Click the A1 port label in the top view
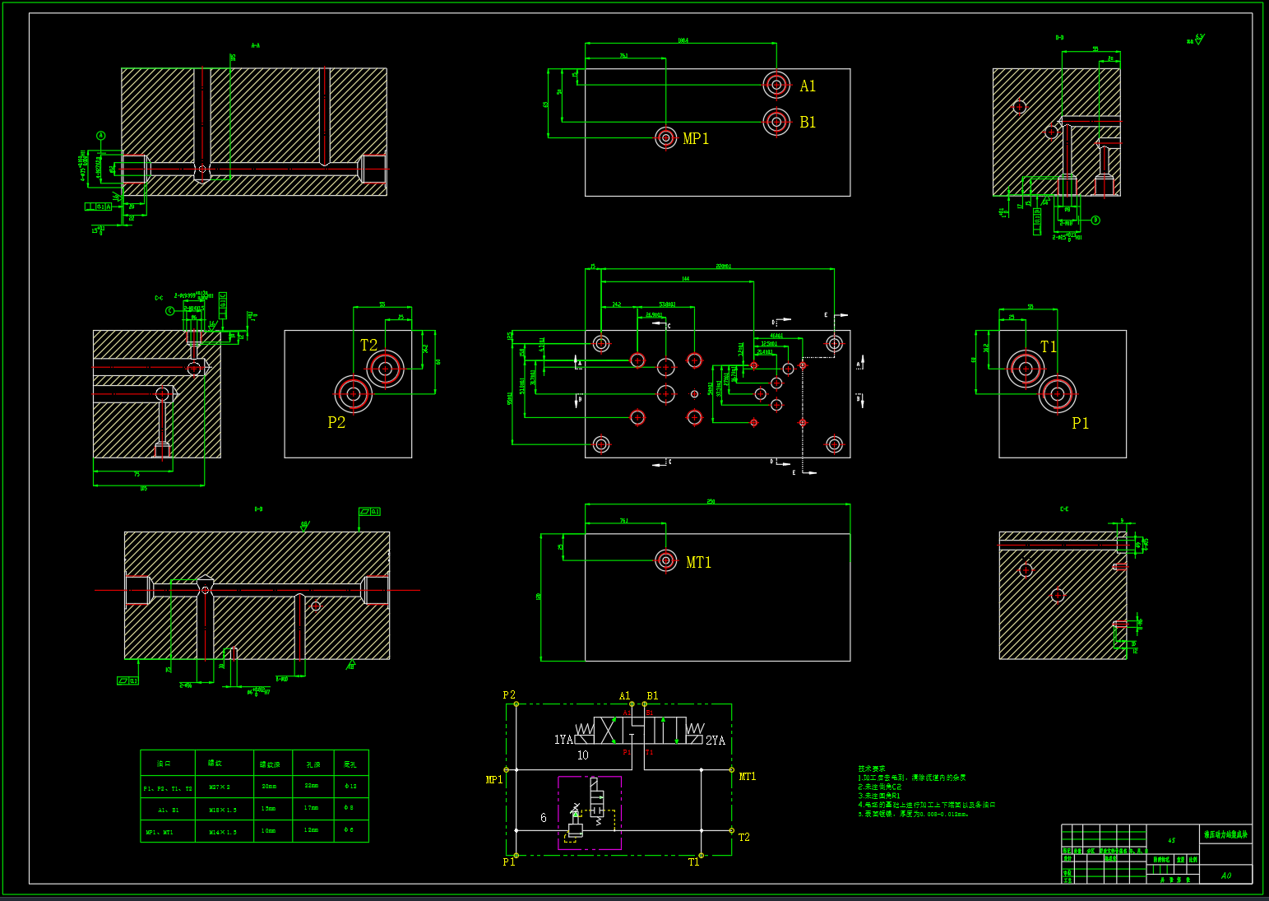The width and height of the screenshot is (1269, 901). (808, 86)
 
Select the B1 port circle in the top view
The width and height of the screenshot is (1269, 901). (776, 122)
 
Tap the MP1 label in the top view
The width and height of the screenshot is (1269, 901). (696, 139)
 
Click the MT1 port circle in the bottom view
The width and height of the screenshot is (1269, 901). (666, 560)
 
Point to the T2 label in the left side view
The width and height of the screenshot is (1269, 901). (368, 346)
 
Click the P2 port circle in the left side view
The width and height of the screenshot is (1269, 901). (354, 393)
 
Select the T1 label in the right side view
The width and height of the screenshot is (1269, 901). (1049, 347)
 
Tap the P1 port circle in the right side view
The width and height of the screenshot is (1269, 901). (1058, 393)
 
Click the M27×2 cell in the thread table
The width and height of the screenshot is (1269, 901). (220, 787)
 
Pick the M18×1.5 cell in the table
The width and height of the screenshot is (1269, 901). (222, 810)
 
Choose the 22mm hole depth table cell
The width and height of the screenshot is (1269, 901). (312, 787)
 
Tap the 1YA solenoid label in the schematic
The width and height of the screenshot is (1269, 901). (563, 740)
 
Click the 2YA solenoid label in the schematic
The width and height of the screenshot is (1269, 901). (716, 741)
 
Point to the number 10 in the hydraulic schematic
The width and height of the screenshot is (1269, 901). (583, 755)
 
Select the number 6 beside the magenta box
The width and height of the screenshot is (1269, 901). (544, 818)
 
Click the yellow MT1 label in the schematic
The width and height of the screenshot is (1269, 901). (747, 777)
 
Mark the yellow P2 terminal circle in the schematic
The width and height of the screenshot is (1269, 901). (516, 704)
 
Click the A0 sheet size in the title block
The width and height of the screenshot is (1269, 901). (1226, 875)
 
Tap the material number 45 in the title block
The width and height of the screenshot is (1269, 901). (1171, 841)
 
